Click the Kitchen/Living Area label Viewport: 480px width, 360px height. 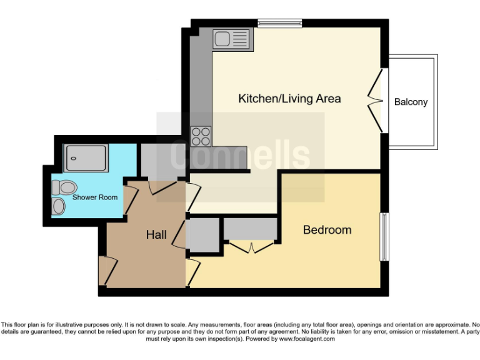click(289, 99)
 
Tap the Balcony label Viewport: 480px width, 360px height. click(411, 102)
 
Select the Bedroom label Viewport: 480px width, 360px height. click(327, 230)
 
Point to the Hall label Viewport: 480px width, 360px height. click(156, 235)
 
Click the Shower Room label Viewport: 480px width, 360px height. click(95, 197)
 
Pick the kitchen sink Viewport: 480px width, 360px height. click(231, 39)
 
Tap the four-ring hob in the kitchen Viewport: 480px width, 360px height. click(201, 136)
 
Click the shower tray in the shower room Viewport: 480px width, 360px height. click(87, 157)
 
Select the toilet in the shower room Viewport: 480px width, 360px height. click(64, 187)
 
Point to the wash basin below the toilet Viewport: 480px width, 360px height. click(59, 206)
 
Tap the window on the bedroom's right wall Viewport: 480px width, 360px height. click(384, 237)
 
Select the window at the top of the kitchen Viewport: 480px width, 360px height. click(279, 24)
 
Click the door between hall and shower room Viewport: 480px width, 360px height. click(131, 199)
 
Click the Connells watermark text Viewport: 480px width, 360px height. click(241, 156)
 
